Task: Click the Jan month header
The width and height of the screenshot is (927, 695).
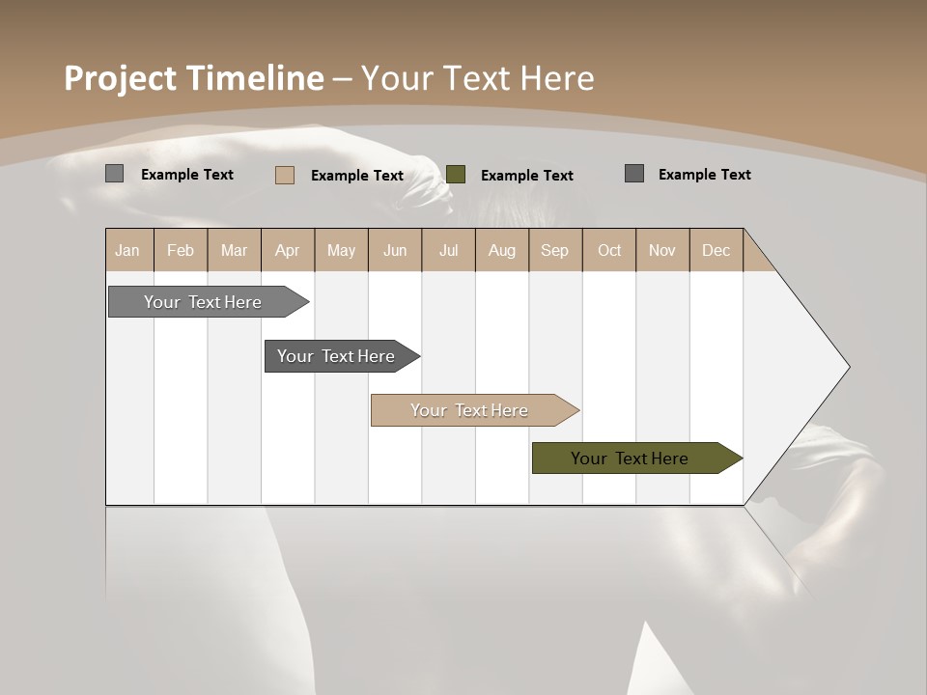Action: click(128, 250)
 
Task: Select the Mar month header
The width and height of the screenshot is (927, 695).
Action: click(234, 250)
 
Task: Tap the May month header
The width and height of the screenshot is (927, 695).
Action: click(341, 250)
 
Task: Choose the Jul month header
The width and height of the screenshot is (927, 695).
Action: click(448, 250)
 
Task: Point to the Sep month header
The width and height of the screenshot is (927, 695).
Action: click(554, 250)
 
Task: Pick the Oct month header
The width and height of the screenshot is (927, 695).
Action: click(609, 250)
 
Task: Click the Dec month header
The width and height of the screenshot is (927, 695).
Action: click(716, 250)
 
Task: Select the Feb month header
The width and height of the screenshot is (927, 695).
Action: click(181, 250)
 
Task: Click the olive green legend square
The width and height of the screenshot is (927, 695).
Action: click(456, 175)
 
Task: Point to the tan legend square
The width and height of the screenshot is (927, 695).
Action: click(285, 175)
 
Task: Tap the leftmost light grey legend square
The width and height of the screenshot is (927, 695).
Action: click(115, 174)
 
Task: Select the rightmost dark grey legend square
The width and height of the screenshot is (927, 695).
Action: click(634, 174)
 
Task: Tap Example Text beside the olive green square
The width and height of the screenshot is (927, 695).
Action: click(526, 176)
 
